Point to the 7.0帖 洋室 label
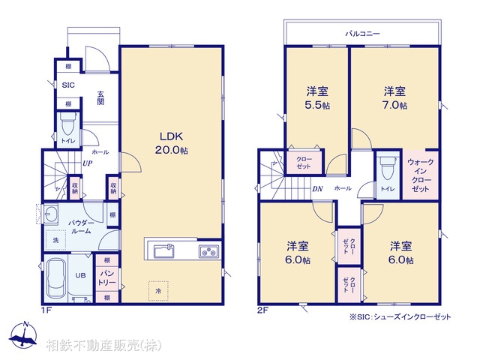click(395, 98)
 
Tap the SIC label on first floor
click(67, 85)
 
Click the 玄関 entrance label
click(100, 97)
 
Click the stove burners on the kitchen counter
click(208, 250)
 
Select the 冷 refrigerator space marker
click(159, 289)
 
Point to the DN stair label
click(317, 189)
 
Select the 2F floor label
click(262, 308)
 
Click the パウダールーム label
click(80, 227)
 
